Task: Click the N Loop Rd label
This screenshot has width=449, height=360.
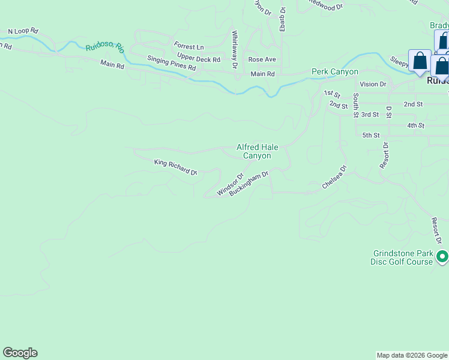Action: click(23, 31)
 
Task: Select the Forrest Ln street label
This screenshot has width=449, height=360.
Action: click(188, 46)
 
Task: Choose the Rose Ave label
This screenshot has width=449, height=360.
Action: click(262, 59)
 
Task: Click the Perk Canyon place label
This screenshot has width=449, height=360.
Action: click(334, 72)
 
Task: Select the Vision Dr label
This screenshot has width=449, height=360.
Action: click(373, 85)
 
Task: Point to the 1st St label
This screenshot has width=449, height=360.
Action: click(332, 94)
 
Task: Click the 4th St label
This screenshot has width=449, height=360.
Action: click(415, 125)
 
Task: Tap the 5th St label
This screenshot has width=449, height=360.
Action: click(371, 136)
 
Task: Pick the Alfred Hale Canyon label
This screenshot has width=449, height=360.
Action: click(256, 151)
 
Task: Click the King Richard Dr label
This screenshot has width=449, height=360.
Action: click(175, 167)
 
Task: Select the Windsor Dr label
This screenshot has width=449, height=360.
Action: click(231, 185)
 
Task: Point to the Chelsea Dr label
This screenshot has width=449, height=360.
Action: click(334, 178)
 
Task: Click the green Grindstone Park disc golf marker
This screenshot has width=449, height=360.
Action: click(442, 257)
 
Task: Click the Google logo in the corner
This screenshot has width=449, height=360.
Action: click(20, 353)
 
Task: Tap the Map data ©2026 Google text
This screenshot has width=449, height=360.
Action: click(411, 355)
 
